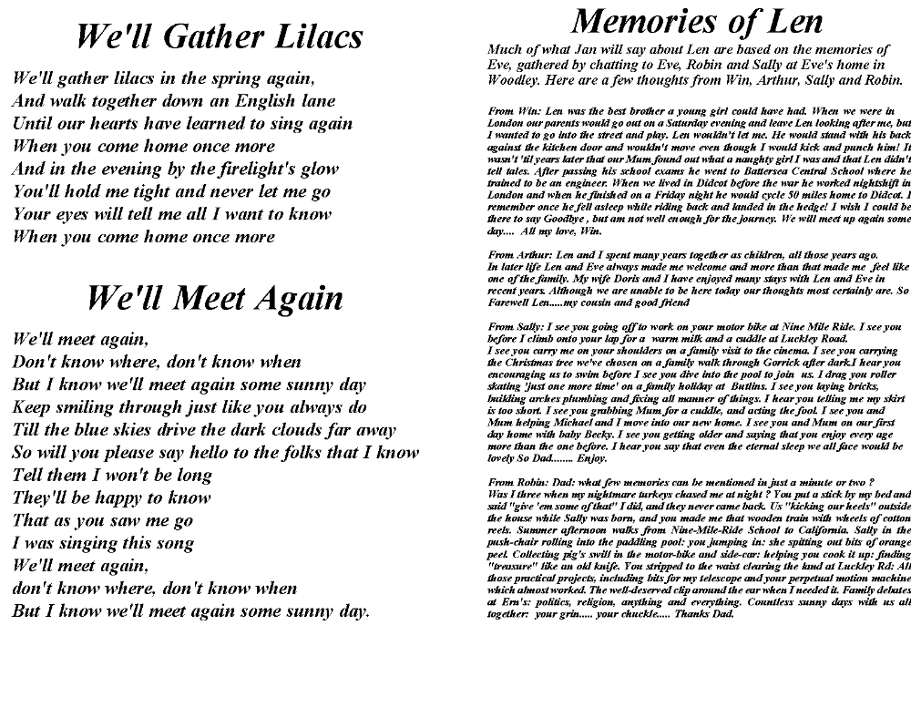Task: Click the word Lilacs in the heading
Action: click(310, 37)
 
